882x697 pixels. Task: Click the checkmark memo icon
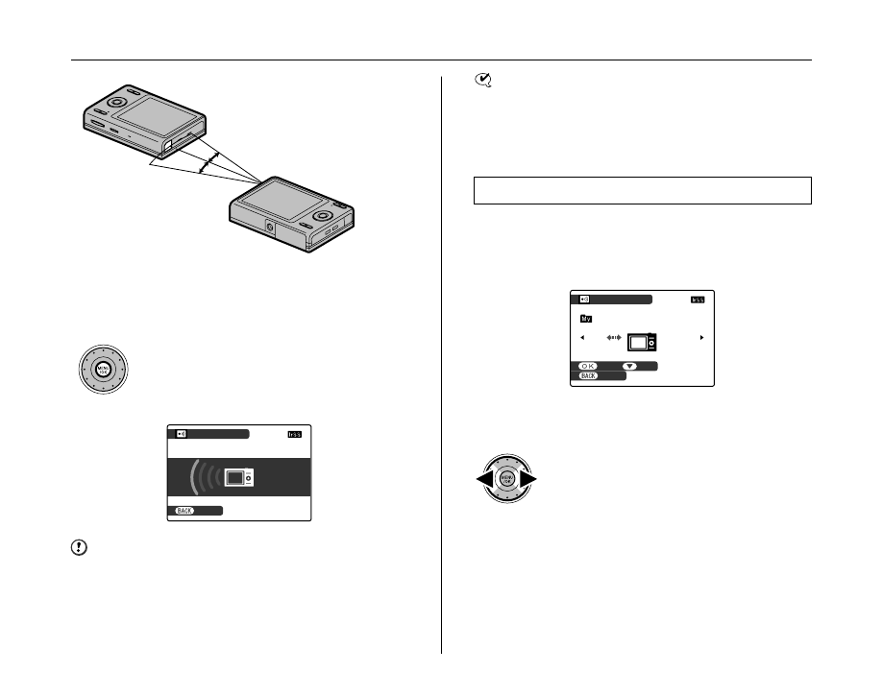coord(482,84)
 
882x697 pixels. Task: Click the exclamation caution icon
coord(79,548)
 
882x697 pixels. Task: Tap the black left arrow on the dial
coord(484,479)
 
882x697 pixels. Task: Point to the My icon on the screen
coord(585,318)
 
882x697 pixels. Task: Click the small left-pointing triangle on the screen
coord(581,338)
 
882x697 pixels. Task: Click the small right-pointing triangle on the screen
coord(702,338)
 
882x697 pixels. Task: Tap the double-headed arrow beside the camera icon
coord(616,339)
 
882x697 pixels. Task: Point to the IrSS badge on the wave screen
coord(294,435)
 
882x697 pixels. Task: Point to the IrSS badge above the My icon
coord(698,300)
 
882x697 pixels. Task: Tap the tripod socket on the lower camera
coord(270,228)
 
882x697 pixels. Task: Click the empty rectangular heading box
coord(643,190)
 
